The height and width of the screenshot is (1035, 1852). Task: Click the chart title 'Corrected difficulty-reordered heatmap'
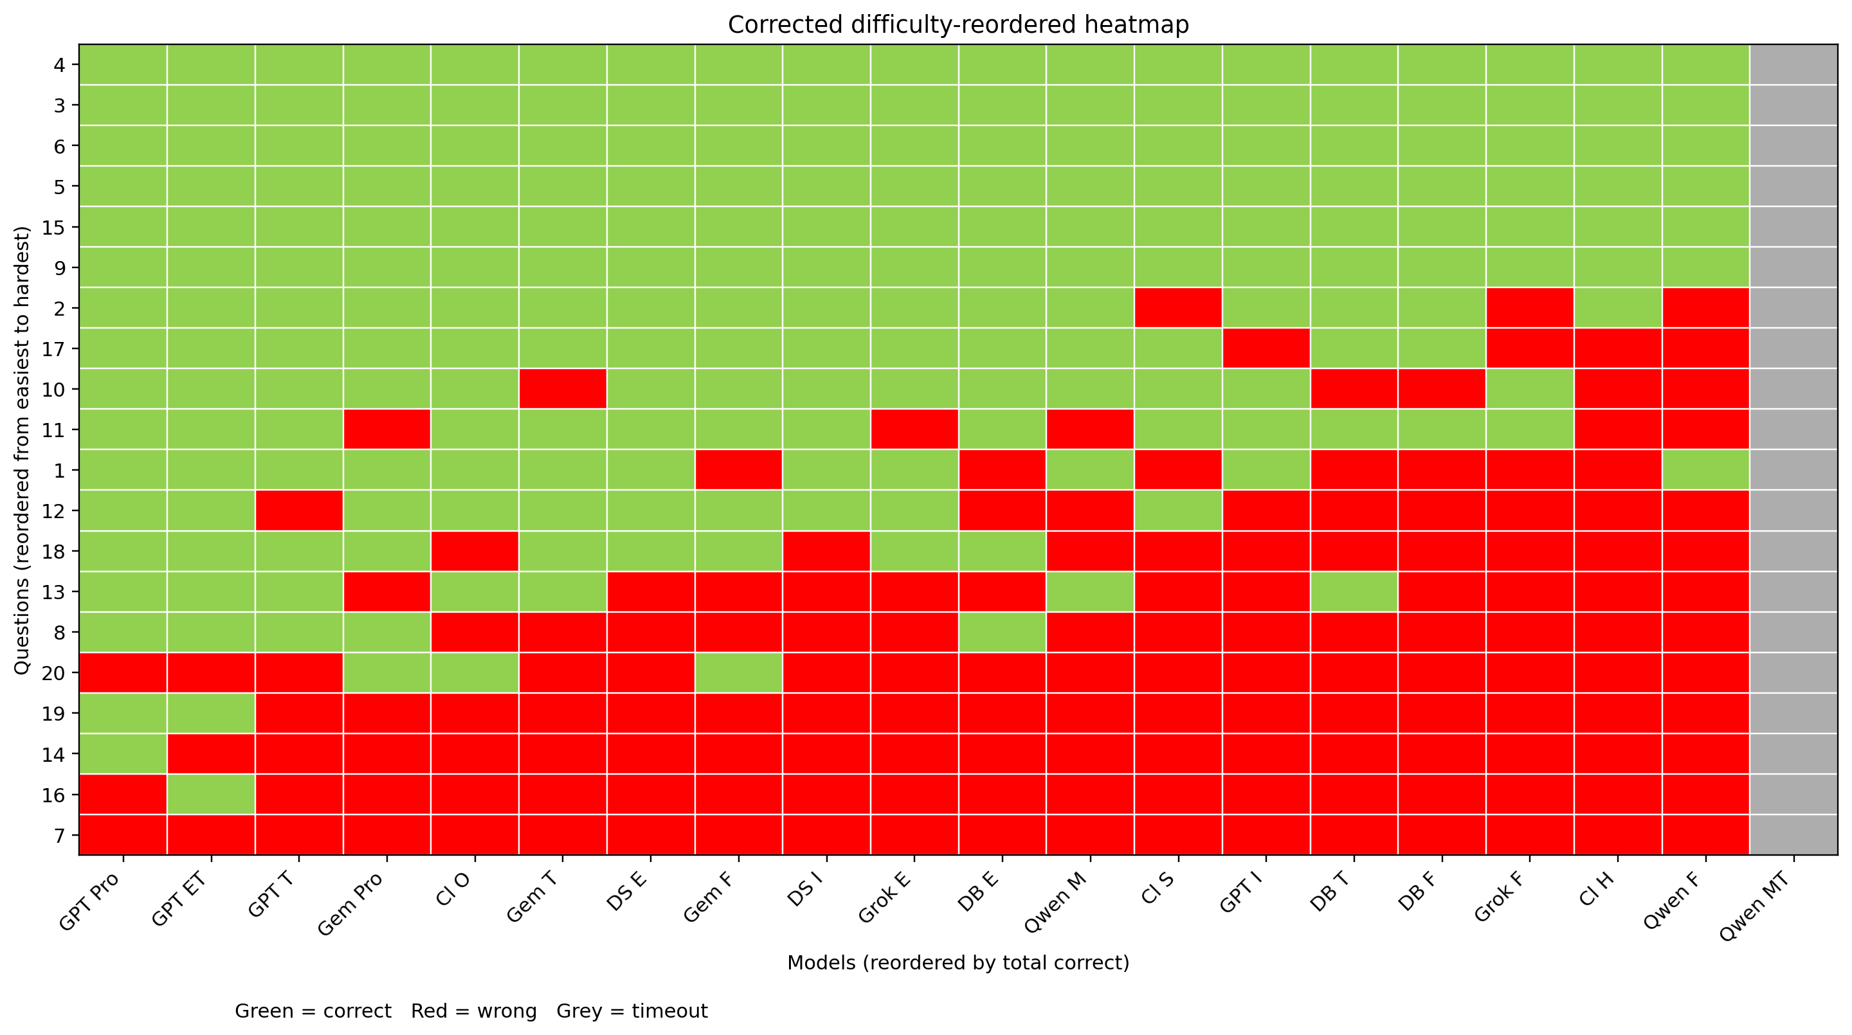[x=958, y=25]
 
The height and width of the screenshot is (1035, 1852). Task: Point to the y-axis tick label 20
[x=55, y=674]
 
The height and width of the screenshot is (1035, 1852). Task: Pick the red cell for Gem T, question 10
[x=563, y=389]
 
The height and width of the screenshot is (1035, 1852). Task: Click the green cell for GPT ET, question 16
[x=211, y=794]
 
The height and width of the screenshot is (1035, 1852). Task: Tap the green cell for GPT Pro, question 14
[x=123, y=754]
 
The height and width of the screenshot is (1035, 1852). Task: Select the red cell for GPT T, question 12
[x=299, y=510]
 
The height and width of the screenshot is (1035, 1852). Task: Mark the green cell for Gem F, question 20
[x=738, y=672]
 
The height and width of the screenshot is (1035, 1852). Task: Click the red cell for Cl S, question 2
[x=1177, y=308]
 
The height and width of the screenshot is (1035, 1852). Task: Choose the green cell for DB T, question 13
[x=1354, y=591]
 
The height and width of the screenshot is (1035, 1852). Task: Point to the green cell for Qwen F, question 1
[x=1705, y=469]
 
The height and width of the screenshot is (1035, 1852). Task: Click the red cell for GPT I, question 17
[x=1266, y=348]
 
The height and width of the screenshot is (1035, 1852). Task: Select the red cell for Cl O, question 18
[x=475, y=552]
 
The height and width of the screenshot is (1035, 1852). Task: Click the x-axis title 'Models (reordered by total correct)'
[x=958, y=963]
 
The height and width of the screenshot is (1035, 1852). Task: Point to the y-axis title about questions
[x=23, y=451]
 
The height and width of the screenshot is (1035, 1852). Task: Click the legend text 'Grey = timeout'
[x=632, y=1012]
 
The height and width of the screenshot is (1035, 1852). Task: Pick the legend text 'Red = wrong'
[x=474, y=1012]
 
